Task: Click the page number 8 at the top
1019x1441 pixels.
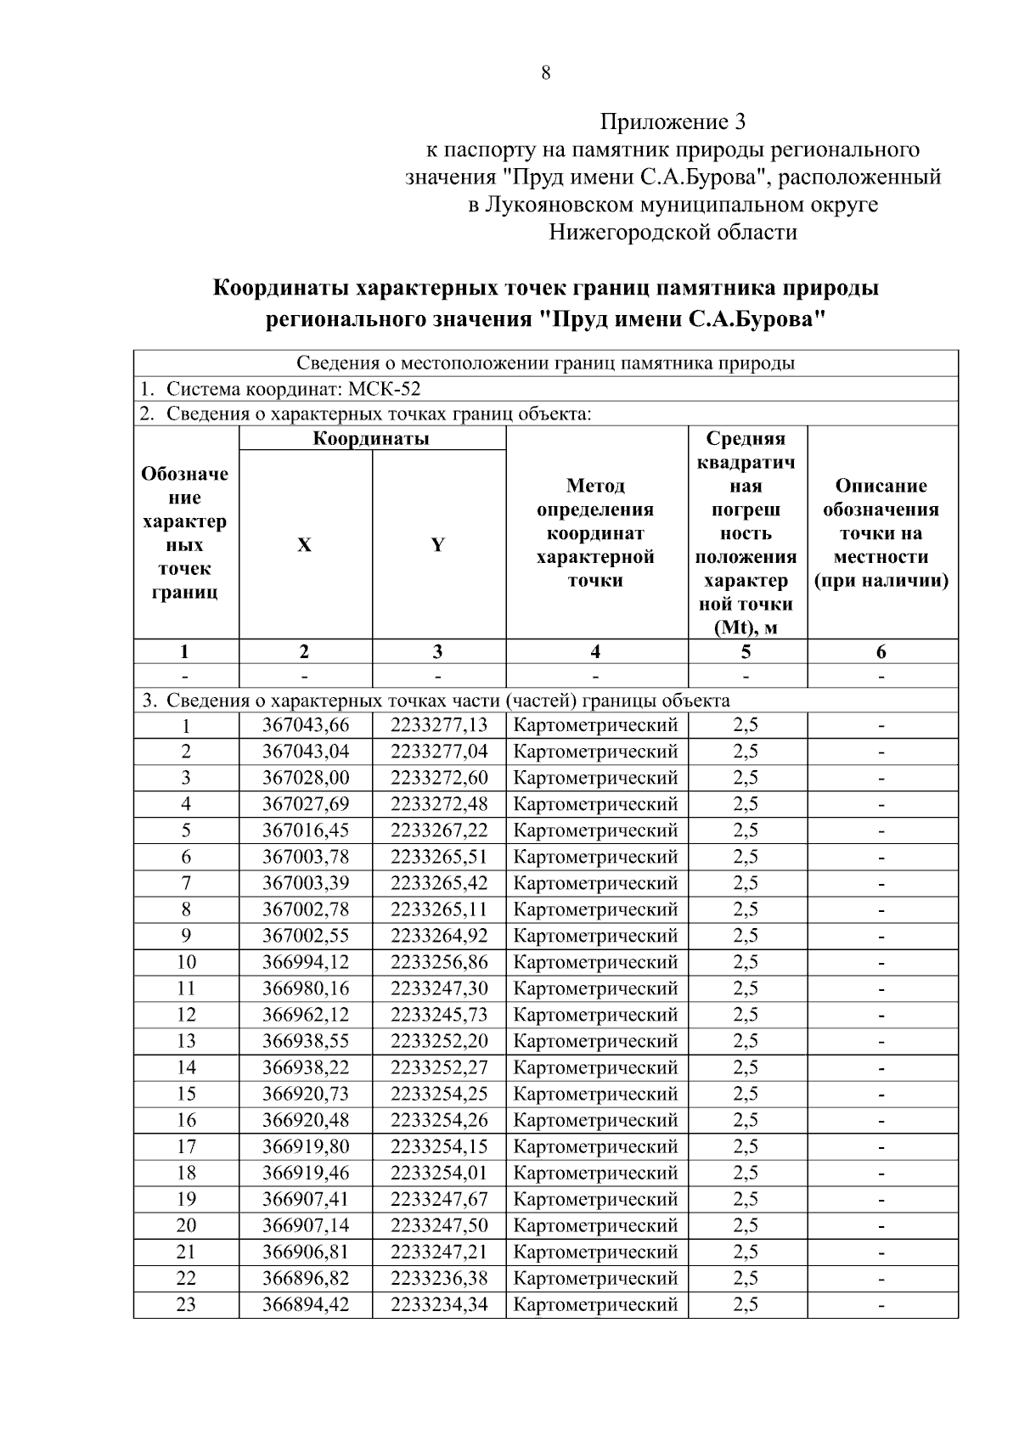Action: click(x=545, y=73)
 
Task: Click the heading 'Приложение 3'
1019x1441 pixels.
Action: click(x=673, y=122)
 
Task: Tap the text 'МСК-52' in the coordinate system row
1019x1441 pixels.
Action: click(x=385, y=390)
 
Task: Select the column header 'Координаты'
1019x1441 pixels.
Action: click(x=371, y=439)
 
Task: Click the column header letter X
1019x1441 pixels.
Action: click(x=304, y=545)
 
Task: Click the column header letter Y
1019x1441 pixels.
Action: click(x=437, y=545)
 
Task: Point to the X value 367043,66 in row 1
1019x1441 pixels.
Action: click(x=305, y=725)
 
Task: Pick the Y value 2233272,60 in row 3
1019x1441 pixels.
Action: click(x=439, y=778)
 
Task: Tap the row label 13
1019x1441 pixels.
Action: click(x=185, y=1041)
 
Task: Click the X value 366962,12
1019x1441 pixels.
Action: click(x=305, y=1015)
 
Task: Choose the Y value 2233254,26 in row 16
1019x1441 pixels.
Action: click(x=439, y=1120)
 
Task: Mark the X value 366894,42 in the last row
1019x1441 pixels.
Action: click(x=305, y=1304)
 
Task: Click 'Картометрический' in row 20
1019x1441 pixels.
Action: click(x=596, y=1225)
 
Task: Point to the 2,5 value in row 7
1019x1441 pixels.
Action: click(x=746, y=883)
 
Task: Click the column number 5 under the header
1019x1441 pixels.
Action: click(x=746, y=652)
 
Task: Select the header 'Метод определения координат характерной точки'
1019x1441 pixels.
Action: click(x=596, y=533)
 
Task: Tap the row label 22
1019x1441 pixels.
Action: click(x=185, y=1278)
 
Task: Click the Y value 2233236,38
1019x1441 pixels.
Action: click(x=439, y=1278)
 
